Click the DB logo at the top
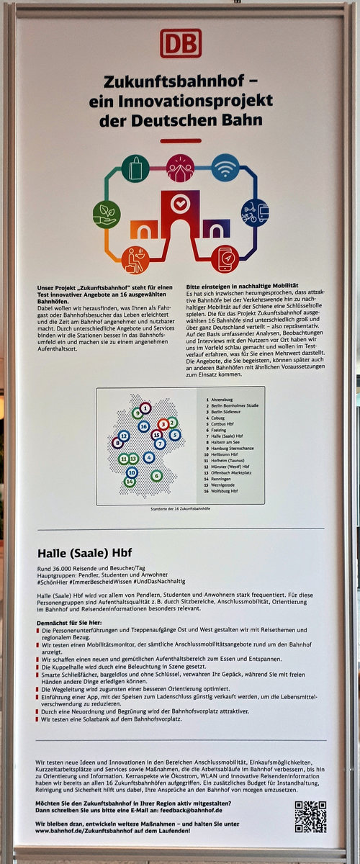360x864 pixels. (x=180, y=43)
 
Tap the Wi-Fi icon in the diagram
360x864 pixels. (x=225, y=167)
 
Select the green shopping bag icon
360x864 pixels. (x=135, y=168)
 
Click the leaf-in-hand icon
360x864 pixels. (x=107, y=214)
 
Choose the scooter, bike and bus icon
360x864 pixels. (x=254, y=213)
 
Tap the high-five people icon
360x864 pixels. (x=180, y=168)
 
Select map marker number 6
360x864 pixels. (x=156, y=475)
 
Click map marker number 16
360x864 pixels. (x=143, y=426)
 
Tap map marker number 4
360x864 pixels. (x=149, y=456)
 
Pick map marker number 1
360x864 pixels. (x=145, y=408)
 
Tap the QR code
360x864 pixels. (x=310, y=815)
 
